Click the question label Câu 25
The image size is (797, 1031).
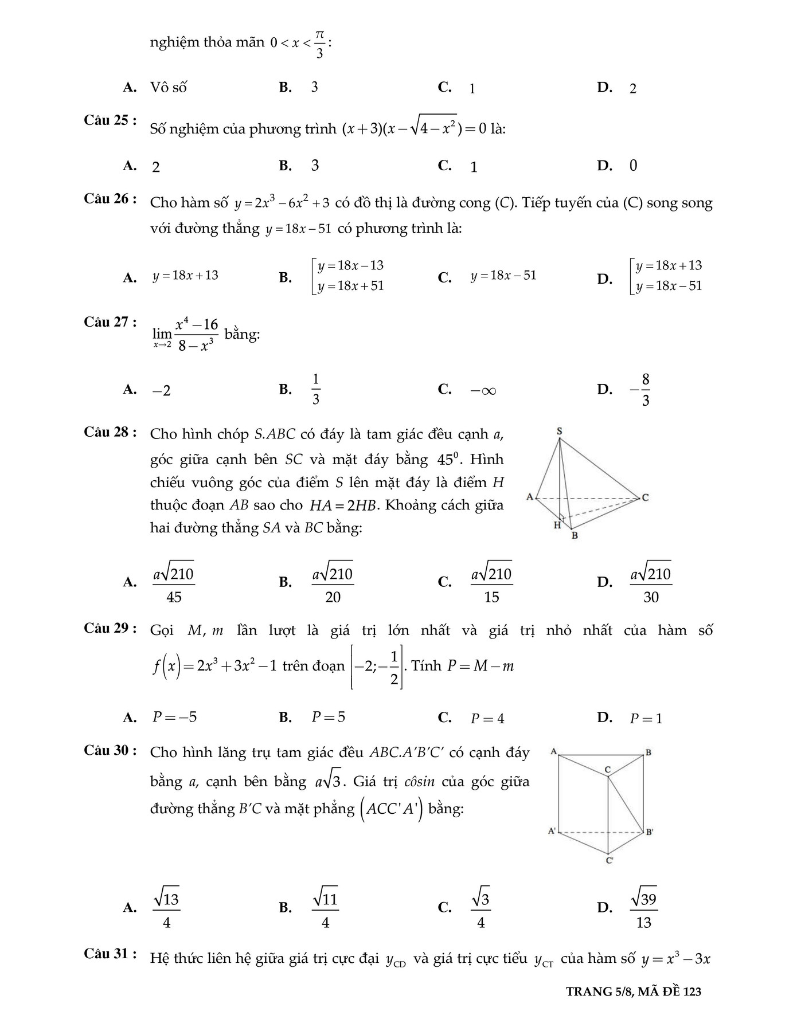click(x=110, y=121)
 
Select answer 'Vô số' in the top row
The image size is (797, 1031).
click(x=168, y=88)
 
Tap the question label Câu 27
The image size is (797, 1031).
click(x=110, y=322)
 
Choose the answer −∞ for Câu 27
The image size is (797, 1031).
click(x=483, y=391)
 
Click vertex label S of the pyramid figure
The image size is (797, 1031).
click(x=559, y=431)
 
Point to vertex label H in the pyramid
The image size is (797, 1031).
click(x=557, y=525)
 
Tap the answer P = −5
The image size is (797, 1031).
click(x=174, y=718)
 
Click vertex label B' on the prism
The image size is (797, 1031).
click(x=649, y=832)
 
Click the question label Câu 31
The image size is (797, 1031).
click(x=110, y=954)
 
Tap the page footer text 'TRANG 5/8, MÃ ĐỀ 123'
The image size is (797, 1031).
click(x=634, y=991)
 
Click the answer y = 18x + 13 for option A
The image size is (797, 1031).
click(x=185, y=276)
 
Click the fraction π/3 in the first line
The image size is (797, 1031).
click(x=319, y=44)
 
